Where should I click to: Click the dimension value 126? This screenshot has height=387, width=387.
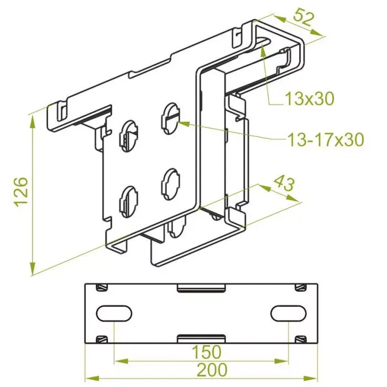(21, 191)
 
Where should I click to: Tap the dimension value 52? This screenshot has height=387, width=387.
(304, 17)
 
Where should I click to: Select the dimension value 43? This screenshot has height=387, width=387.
(285, 183)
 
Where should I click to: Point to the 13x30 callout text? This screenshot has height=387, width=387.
(310, 98)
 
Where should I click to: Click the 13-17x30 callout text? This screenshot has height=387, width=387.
(326, 140)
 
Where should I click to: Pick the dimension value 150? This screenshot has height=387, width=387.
(207, 352)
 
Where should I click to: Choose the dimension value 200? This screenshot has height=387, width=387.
(212, 369)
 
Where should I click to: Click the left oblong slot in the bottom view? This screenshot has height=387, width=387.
(114, 313)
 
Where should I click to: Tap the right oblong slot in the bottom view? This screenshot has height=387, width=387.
(289, 313)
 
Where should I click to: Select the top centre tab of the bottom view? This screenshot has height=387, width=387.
(201, 287)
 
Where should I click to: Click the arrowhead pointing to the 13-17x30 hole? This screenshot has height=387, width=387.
(184, 123)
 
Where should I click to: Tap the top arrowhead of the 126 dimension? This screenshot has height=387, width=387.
(32, 122)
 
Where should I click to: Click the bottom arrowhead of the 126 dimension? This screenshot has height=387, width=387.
(32, 268)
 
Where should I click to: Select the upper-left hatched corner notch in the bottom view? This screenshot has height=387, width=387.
(102, 287)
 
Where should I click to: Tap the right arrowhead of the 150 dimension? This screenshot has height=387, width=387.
(281, 362)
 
